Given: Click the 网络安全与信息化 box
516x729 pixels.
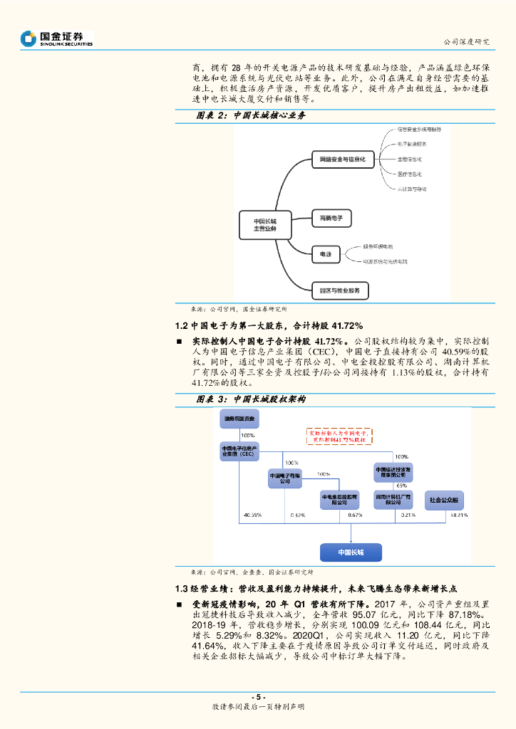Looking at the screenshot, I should pyautogui.click(x=343, y=160).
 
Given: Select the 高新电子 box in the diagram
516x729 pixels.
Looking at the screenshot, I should pyautogui.click(x=332, y=218).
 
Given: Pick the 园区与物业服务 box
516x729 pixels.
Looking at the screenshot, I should pyautogui.click(x=340, y=290).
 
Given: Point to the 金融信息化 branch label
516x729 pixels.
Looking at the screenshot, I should pyautogui.click(x=409, y=159).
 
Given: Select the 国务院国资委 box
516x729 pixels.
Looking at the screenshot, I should pyautogui.click(x=238, y=419).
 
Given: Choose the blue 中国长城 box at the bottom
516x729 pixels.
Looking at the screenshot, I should pyautogui.click(x=351, y=552).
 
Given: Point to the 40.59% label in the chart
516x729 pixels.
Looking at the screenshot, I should pyautogui.click(x=252, y=514).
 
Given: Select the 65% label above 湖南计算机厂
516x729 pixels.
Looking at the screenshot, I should pyautogui.click(x=401, y=486).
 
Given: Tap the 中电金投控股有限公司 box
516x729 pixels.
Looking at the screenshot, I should pyautogui.click(x=339, y=499).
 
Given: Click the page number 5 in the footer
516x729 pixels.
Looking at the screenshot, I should pyautogui.click(x=258, y=697).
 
